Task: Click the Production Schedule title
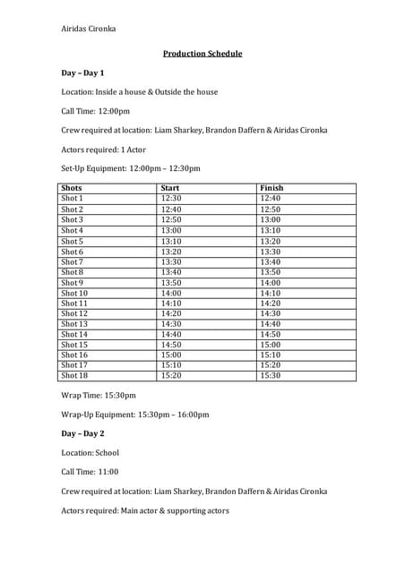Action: pos(202,54)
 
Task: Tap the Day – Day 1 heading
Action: pos(82,73)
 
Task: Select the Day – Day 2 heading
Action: pos(82,433)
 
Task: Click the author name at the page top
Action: pos(88,29)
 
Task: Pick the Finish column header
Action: pos(271,188)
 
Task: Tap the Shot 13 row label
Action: pos(74,324)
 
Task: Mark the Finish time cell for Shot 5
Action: pos(270,241)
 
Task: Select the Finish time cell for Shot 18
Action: pos(270,376)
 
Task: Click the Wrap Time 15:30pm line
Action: pos(99,395)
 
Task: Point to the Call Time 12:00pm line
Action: pos(95,111)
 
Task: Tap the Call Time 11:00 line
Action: pos(90,472)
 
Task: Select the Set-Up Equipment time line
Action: pos(131,168)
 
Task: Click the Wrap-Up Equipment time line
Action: pos(134,415)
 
